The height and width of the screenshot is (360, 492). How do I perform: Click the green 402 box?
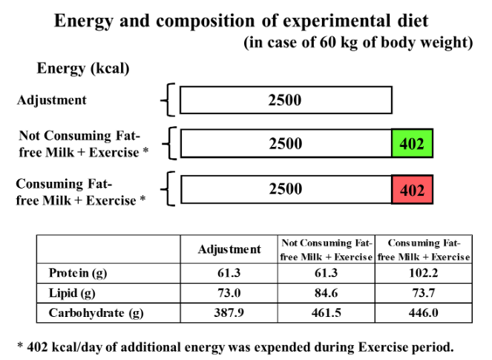412,143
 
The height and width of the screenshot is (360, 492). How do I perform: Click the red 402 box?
412,190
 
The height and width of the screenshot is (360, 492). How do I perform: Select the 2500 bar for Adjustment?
286,100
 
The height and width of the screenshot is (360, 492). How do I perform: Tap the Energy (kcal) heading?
83,69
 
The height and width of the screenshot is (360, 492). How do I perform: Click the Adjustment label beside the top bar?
52,100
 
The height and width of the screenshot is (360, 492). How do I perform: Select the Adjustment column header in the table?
229,249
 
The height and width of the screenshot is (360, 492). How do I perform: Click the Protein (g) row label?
78,273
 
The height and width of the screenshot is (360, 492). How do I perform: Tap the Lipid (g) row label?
72,293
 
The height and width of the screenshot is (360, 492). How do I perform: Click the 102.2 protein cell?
424,273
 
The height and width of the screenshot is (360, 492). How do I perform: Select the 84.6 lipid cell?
327,293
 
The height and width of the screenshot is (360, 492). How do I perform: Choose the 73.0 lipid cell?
229,293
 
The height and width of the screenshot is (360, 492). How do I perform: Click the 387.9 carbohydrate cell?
229,313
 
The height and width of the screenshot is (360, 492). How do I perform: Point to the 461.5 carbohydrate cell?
327,313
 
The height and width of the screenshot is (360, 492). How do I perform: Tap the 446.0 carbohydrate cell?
424,313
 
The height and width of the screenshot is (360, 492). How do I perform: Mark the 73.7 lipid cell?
424,293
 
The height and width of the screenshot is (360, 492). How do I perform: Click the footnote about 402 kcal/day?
235,347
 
